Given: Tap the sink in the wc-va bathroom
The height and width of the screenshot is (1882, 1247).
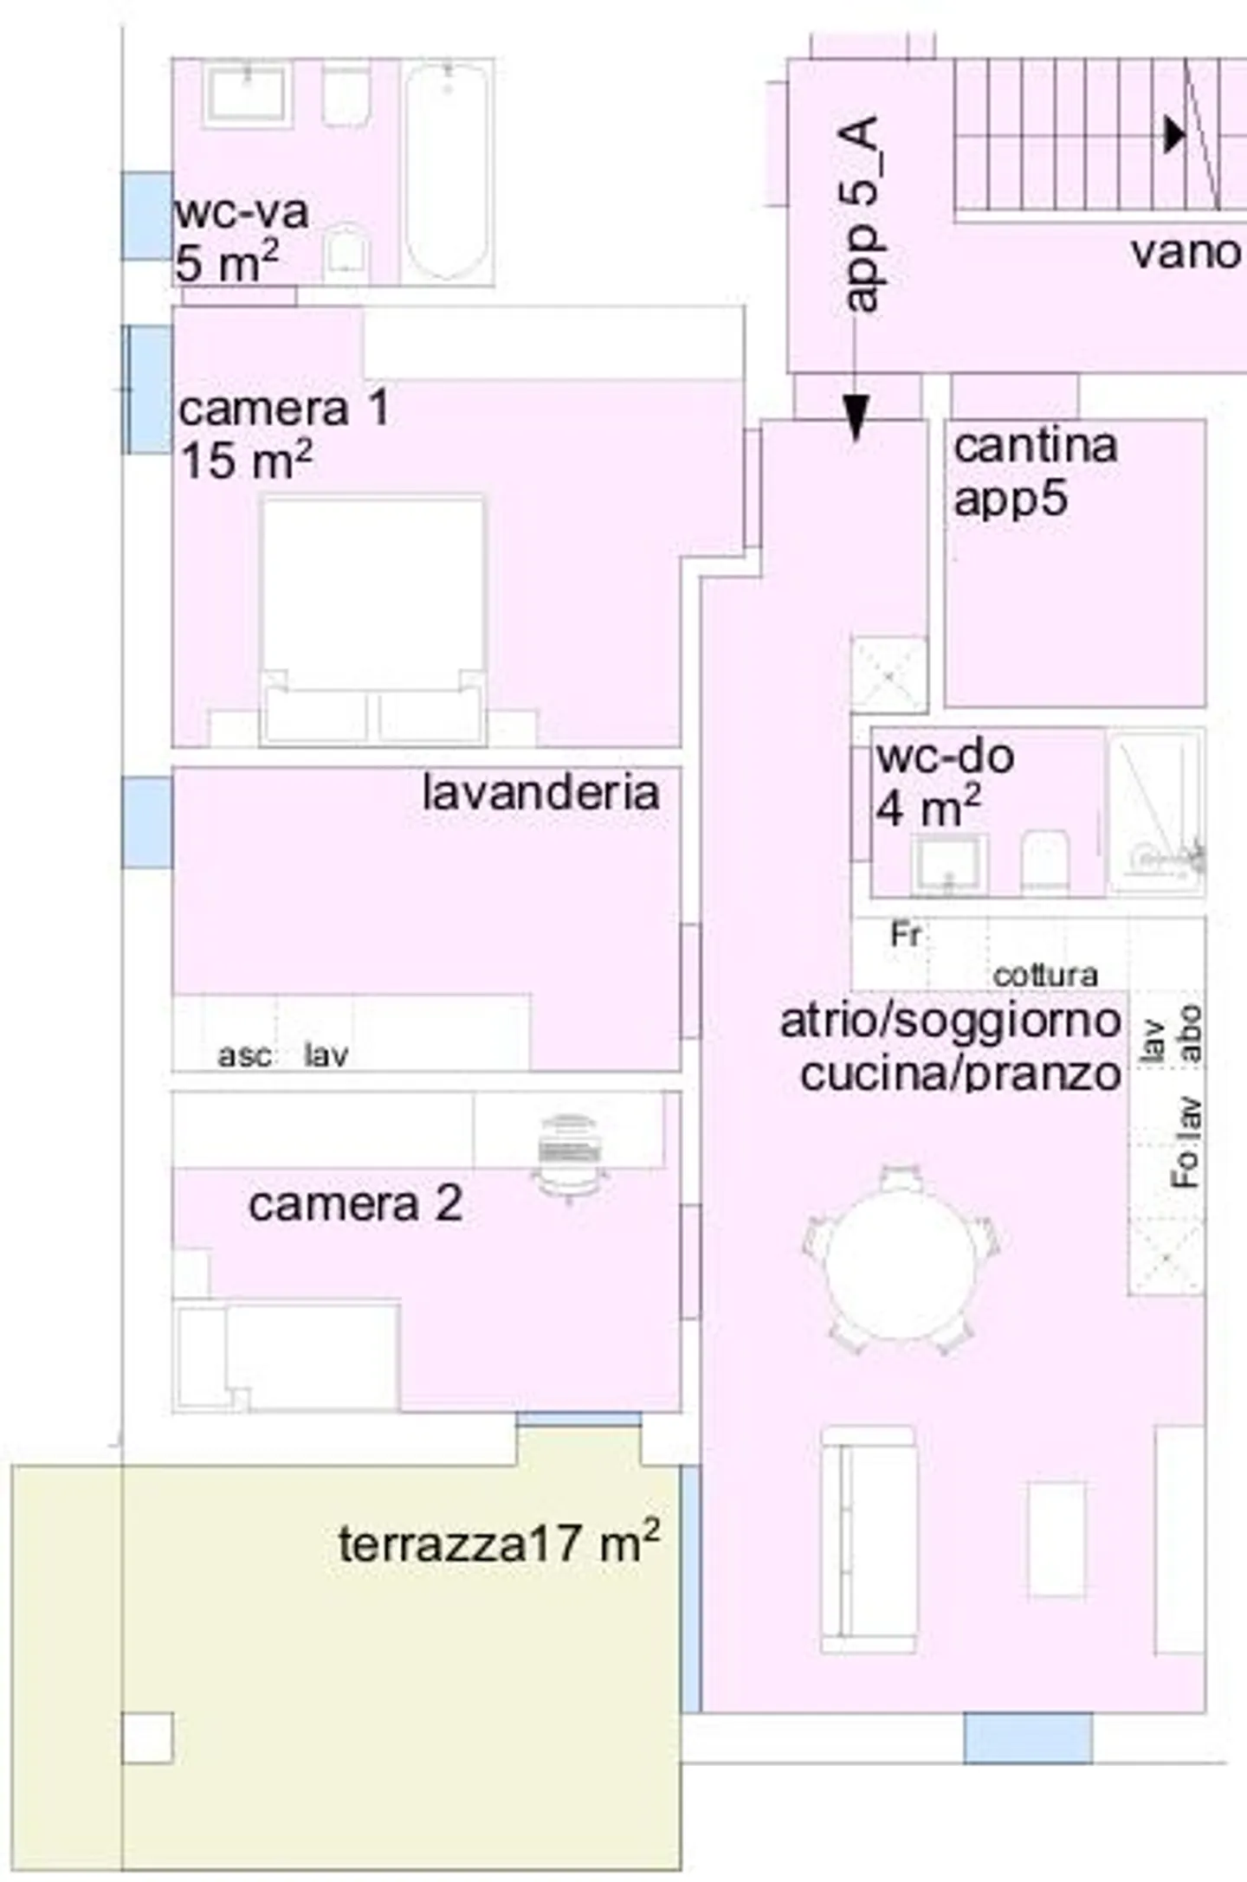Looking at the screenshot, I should click(246, 93).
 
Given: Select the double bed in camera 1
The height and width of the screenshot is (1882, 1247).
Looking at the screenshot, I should click(372, 619).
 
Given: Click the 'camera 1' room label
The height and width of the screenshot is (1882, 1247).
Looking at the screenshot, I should click(283, 409).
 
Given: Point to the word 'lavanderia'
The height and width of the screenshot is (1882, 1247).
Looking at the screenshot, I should click(540, 793).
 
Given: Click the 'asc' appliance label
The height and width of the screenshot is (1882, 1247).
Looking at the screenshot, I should click(243, 1056).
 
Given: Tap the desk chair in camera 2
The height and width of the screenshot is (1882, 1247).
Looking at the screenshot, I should click(568, 1156).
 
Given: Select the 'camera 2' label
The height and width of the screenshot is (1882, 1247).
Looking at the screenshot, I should click(355, 1204).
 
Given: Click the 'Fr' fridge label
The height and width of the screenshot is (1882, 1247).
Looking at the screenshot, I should click(905, 935).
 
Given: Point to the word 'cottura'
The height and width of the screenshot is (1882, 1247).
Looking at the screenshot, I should click(1045, 976).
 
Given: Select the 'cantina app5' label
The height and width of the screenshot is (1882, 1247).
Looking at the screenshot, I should click(1034, 473).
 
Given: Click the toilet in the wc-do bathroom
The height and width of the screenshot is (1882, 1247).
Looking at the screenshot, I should click(1044, 859).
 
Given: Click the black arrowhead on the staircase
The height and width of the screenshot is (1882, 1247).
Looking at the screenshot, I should click(1174, 134).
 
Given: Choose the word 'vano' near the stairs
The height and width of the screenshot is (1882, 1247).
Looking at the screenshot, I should click(1185, 253).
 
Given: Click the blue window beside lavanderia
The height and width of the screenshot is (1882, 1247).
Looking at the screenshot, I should click(146, 822).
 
